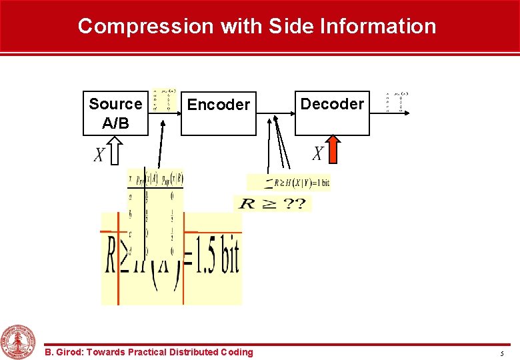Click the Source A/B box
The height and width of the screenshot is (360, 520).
[x=115, y=113]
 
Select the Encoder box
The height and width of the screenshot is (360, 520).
[x=219, y=113]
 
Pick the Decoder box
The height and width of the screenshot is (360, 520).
[x=332, y=113]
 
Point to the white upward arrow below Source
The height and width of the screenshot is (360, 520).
[x=115, y=151]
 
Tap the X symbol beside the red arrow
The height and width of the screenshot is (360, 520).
[x=318, y=154]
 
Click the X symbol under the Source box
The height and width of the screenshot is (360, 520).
[x=99, y=155]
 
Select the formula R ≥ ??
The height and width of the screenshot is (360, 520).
[x=272, y=203]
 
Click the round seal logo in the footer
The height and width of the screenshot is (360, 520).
[x=19, y=341]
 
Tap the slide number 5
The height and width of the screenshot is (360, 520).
[x=501, y=353]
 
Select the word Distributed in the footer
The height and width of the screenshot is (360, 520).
[x=194, y=352]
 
